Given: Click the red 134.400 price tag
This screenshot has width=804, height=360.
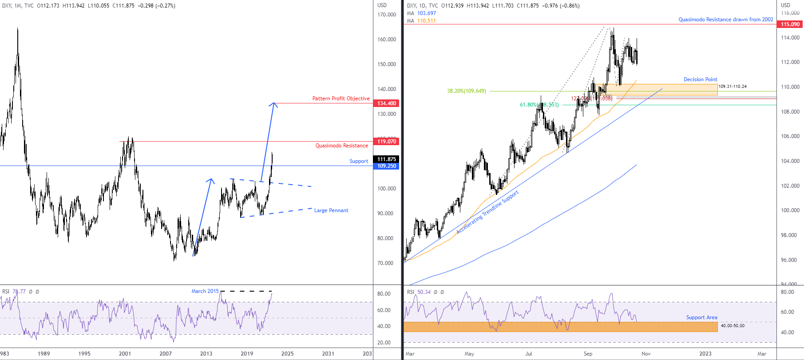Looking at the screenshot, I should point(387,103).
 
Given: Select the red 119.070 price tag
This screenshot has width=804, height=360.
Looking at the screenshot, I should point(387,142).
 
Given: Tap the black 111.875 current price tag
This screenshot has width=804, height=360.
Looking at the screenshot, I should point(387,159).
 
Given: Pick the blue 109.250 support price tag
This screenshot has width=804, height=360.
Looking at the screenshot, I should point(387,166).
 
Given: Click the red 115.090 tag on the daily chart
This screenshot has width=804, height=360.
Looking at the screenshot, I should point(790,24).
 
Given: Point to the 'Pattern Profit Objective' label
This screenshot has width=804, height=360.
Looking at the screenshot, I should point(341,99).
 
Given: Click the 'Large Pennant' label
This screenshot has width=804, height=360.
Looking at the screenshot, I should point(331,210).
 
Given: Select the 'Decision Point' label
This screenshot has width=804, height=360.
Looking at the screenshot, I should point(700,79).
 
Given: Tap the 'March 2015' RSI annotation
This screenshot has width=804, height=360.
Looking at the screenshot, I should point(205,291).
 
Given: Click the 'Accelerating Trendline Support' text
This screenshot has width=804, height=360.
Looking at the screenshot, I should point(487,212).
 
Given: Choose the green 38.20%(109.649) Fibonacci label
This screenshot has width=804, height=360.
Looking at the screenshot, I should point(466,91).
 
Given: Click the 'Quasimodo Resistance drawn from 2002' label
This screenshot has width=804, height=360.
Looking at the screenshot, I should point(725,20).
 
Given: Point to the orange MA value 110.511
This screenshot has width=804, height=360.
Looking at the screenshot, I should point(426,21).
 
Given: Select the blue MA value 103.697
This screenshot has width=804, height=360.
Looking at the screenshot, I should point(426,13).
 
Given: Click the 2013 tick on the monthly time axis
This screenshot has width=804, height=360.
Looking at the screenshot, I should point(206,354).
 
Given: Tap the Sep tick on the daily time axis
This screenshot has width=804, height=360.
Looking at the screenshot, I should point(588,354).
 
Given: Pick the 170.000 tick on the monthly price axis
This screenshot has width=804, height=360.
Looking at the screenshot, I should point(386,15).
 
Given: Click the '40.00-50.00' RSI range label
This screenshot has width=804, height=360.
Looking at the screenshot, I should point(733,326).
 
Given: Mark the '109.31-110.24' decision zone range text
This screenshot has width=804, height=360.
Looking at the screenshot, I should point(733,87).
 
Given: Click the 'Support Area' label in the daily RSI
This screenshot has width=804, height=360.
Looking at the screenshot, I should point(701,317).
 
